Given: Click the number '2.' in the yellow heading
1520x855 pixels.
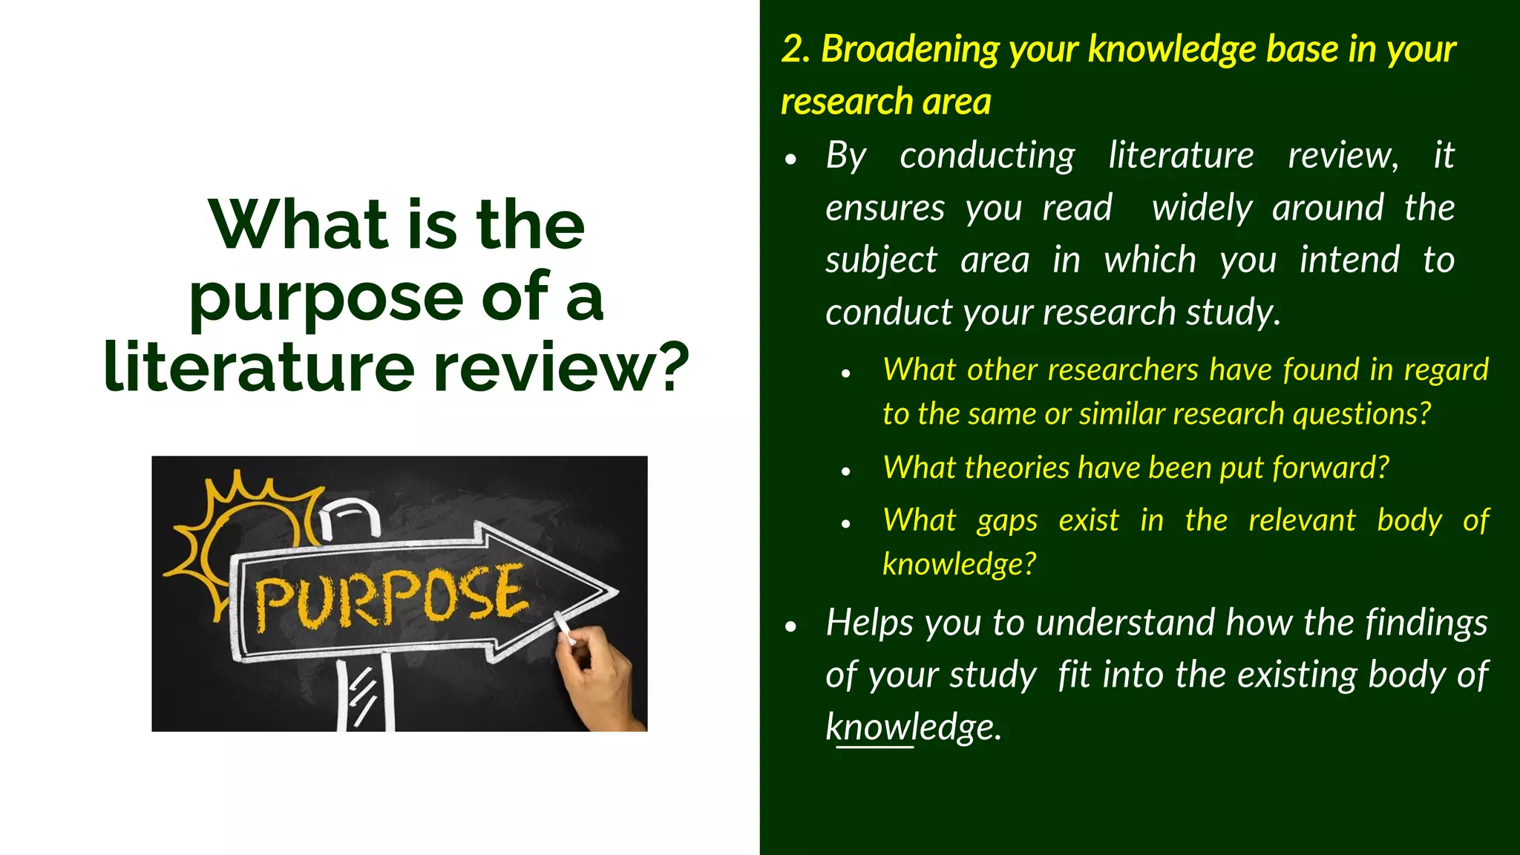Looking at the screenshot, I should coord(796,50).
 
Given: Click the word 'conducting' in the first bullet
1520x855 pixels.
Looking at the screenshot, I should coord(987,156).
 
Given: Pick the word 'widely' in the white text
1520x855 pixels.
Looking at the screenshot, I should coord(1202,208).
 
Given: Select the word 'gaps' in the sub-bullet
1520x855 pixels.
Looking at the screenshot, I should coord(1007,521).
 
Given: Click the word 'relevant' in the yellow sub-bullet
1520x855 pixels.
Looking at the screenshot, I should coord(1302,520).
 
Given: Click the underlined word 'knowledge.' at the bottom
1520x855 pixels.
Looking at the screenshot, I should coord(913,727).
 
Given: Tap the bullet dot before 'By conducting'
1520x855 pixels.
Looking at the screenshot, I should coord(791,160).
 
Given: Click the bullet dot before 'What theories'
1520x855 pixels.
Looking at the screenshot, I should coord(845,471).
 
